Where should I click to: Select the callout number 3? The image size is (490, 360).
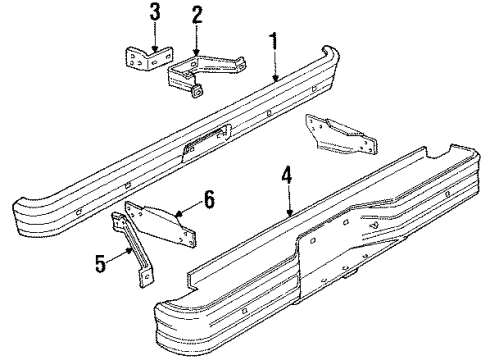[x=154, y=13]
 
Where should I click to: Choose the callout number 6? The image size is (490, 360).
[x=208, y=199]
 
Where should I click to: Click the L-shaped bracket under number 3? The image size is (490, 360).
[x=143, y=59]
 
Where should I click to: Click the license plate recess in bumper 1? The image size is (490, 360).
[x=204, y=139]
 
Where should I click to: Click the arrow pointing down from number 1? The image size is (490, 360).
[x=274, y=64]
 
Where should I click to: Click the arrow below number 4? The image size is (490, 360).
[x=289, y=204]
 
